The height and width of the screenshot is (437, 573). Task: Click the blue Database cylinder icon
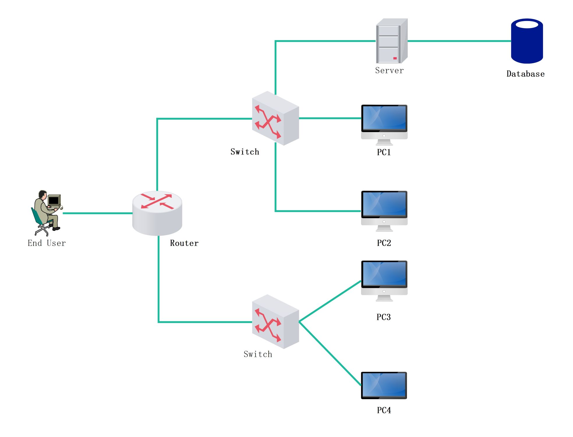point(526,44)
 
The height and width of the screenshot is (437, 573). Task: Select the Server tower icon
point(391,41)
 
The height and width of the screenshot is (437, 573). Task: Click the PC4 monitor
point(384,385)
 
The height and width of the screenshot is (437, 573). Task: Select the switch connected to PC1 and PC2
point(275,118)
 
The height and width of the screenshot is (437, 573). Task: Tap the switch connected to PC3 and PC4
point(275,322)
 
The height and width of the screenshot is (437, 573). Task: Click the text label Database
point(525,74)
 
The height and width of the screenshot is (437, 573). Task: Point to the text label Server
point(389,71)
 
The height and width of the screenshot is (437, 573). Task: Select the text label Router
point(184,243)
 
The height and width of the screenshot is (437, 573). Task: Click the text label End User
point(47,243)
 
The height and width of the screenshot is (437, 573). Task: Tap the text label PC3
point(384,317)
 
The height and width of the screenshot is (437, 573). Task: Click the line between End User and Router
point(97,213)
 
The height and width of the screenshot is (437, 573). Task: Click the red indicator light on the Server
point(395,58)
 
